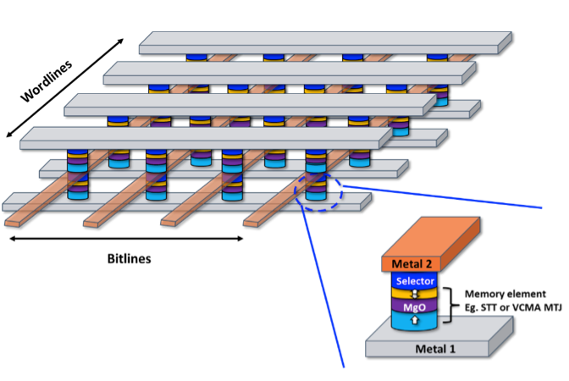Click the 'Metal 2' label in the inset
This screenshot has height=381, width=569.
pos(412,265)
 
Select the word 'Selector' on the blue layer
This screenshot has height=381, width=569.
pos(415,280)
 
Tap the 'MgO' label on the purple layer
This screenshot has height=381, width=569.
pos(414,306)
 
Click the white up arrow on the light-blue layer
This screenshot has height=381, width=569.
pos(415,321)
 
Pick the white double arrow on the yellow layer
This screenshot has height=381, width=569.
pos(415,293)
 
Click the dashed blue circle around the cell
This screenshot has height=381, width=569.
pos(318,193)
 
